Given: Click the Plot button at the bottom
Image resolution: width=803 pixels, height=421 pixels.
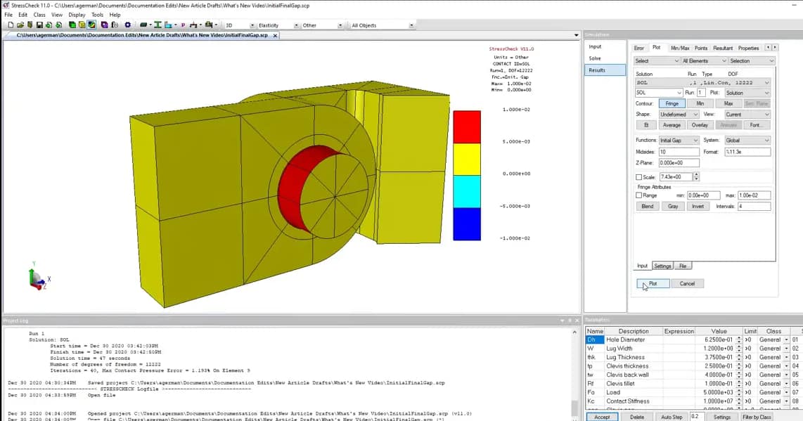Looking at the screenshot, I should (x=653, y=283).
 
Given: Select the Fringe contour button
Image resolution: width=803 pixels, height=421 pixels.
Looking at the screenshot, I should (x=672, y=103).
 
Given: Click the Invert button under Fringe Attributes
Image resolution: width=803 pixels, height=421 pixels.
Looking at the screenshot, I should (x=698, y=206).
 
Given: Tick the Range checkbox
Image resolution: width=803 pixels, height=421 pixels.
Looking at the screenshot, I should (x=639, y=195).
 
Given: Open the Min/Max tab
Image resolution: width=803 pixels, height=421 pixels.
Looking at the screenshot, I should (x=679, y=48).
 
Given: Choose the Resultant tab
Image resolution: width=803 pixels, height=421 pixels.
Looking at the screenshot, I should (x=722, y=48).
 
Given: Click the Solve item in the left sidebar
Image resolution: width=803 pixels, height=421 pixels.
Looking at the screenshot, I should (x=595, y=58).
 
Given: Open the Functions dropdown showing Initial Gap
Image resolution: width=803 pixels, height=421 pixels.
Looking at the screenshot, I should (x=679, y=140).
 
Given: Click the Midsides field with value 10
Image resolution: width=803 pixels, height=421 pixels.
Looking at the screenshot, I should (x=679, y=152).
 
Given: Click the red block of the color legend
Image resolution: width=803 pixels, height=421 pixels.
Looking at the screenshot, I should (x=467, y=127).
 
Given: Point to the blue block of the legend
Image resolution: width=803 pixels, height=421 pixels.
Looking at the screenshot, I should (x=467, y=224).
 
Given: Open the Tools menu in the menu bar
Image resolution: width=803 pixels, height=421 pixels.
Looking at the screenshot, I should (x=97, y=15).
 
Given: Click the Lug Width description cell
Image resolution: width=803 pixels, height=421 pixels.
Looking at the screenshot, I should (x=632, y=349).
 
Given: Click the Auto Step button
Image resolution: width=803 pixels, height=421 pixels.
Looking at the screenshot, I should (x=672, y=417).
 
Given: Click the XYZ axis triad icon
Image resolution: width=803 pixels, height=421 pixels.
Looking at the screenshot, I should (x=36, y=278).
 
